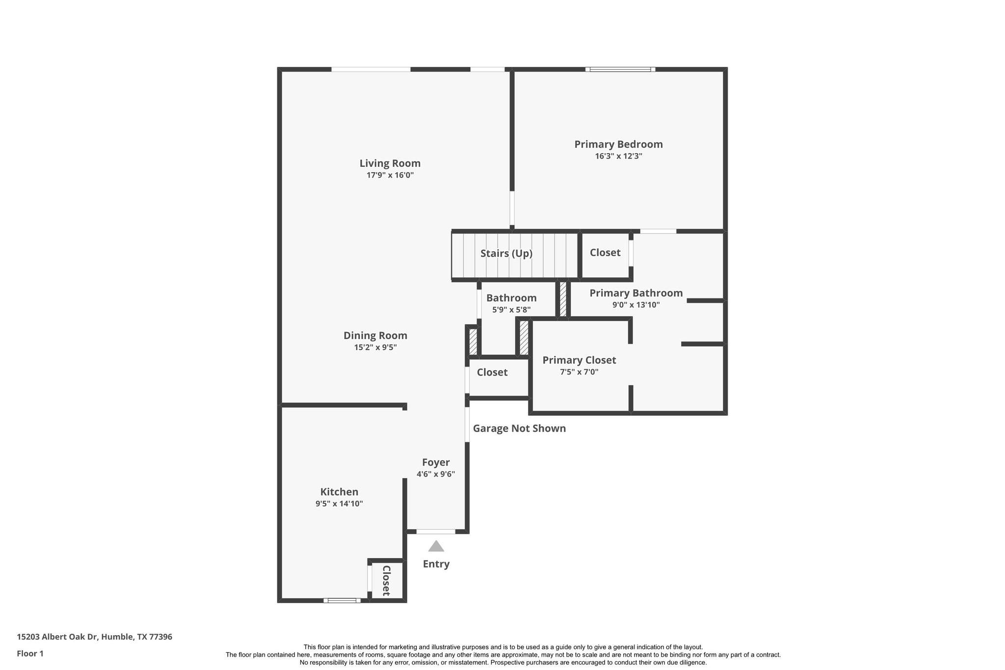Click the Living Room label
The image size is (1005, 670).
390,163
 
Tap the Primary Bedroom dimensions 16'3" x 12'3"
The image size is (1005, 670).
618,156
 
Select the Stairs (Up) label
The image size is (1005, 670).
506,253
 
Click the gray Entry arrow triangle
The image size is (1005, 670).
436,546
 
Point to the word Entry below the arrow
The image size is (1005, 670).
436,564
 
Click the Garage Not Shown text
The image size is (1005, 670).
519,429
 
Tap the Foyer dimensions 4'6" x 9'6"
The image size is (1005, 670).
436,474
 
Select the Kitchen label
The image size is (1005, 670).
339,492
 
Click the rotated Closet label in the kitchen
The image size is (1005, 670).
386,581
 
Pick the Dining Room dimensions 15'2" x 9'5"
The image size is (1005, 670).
375,348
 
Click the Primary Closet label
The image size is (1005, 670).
579,360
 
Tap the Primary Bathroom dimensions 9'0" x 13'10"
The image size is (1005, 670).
635,305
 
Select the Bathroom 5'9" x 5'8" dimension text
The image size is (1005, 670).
511,310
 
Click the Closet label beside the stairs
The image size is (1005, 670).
605,252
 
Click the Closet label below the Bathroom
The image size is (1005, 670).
492,372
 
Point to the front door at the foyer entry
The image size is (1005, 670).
436,532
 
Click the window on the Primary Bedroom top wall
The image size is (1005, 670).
620,69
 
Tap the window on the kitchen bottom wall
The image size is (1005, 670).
342,600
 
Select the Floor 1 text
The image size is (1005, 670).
30,654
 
